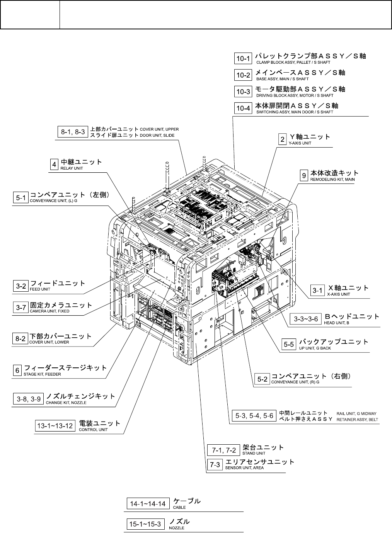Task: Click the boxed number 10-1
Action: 244,58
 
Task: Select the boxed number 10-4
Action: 244,108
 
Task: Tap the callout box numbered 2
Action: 283,139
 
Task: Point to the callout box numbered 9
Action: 305,175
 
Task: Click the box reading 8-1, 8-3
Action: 73,132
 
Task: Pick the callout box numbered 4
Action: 55,165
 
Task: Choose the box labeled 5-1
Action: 20,198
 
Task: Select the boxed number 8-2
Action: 20,339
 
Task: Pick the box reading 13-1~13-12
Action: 55,426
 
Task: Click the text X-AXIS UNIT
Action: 338,294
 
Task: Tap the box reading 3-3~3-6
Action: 306,319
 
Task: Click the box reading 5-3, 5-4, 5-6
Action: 254,416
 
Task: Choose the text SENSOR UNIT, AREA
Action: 244,467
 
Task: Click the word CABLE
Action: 179,507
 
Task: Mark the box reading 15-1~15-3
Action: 144,524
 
